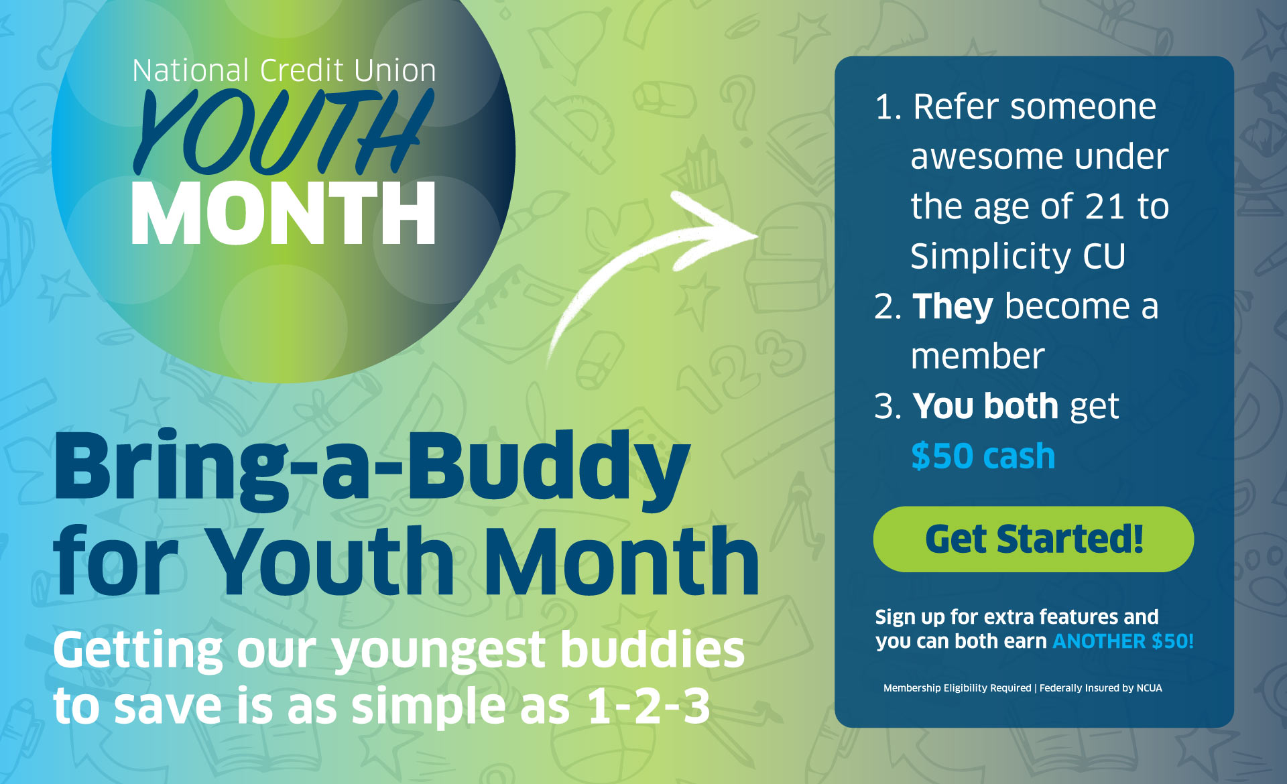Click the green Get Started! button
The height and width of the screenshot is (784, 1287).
point(1033,539)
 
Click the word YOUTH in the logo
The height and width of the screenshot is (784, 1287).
point(282,132)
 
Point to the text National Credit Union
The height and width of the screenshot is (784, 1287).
point(284,71)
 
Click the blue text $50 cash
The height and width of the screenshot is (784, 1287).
point(983,456)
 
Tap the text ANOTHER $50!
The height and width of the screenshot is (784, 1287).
point(1123,641)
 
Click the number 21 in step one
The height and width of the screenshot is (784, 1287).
point(1104,206)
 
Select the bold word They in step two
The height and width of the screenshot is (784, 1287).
point(953,307)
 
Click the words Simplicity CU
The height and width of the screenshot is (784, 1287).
point(1018,257)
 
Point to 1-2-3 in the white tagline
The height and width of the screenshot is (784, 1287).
point(648,706)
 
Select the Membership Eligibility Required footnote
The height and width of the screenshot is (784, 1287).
point(957,688)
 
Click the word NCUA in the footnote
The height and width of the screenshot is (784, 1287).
point(1149,688)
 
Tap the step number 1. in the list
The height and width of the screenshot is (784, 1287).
point(887,107)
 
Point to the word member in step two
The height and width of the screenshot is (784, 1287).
point(977,356)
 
